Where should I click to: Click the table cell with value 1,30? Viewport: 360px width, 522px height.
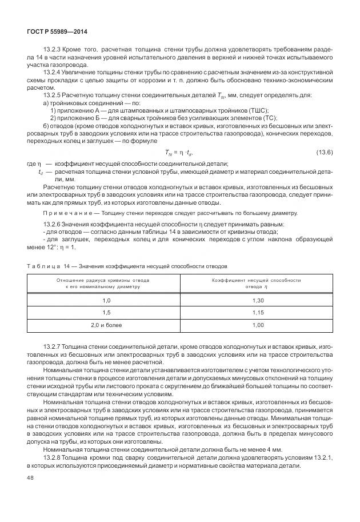pos(258,300)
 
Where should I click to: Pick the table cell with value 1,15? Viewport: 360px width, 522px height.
pos(258,313)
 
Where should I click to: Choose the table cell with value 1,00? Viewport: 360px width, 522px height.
pos(258,325)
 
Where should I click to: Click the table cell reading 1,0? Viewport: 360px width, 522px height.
pos(106,300)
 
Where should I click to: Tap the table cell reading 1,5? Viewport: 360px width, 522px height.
pos(106,313)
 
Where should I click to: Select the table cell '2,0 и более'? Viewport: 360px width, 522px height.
pos(106,325)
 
